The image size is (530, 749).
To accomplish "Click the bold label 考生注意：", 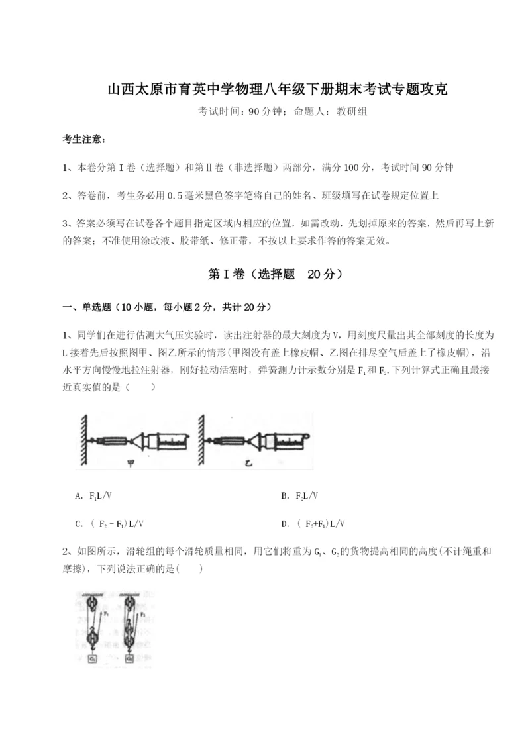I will [x=84, y=138].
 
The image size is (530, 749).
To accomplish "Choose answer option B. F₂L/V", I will [x=299, y=495].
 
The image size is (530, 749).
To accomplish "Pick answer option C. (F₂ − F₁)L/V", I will [x=110, y=524].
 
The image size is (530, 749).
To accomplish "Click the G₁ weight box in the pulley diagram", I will [x=93, y=659].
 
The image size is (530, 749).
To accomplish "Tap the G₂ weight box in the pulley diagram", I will [x=129, y=659].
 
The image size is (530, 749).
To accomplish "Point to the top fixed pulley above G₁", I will [x=91, y=604].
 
